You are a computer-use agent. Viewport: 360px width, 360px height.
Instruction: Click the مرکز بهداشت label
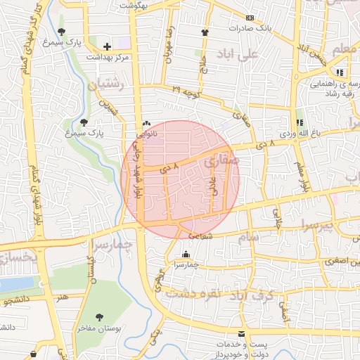point(106,56)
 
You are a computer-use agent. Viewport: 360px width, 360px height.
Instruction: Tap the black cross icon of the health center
point(107,46)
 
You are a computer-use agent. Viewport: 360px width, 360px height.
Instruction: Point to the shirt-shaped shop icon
point(205,32)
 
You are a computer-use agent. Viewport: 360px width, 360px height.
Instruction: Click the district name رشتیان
point(105,85)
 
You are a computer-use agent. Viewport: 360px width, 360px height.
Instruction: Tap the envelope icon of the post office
point(242,333)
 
